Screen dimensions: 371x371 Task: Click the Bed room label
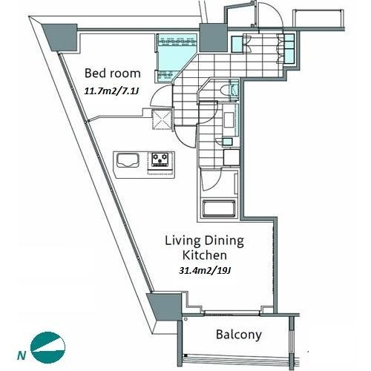[x=113, y=73]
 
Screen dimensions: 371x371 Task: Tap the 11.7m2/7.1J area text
[x=111, y=91]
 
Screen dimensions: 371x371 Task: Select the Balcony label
[x=239, y=335]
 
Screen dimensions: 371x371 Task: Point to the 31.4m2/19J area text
[x=205, y=271]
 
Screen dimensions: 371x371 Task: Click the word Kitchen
[x=205, y=255]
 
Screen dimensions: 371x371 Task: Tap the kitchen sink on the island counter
[x=128, y=160]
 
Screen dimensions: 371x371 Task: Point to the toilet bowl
[x=224, y=90]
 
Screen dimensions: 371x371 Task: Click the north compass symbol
[x=47, y=347]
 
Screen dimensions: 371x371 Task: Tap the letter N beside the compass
[x=22, y=356]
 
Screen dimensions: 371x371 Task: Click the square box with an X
[x=162, y=119]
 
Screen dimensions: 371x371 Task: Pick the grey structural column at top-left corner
[x=62, y=36]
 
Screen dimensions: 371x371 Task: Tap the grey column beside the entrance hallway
[x=213, y=38]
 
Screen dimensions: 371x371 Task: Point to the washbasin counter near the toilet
[x=231, y=119]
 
